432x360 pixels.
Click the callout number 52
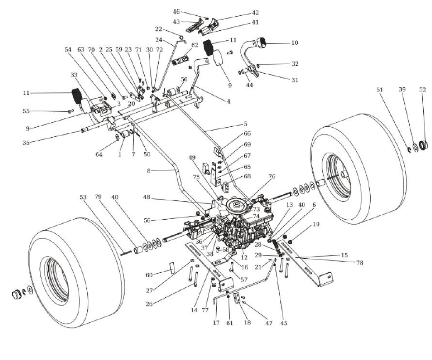(x=422, y=89)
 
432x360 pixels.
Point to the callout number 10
(x=294, y=43)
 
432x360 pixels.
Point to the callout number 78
(x=359, y=263)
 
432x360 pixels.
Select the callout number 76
(x=272, y=177)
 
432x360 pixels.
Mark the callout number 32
(x=295, y=64)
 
